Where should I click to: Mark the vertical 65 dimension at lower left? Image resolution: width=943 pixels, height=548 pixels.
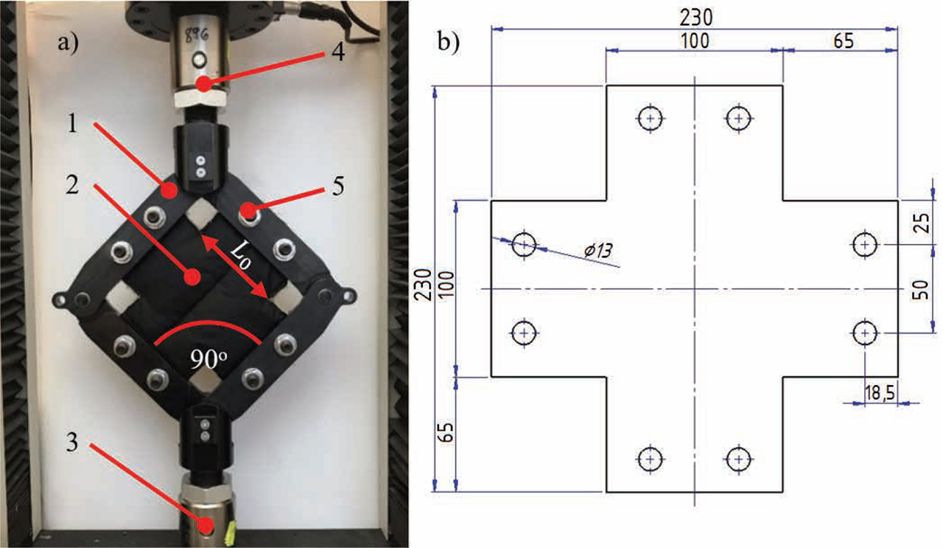444,434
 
